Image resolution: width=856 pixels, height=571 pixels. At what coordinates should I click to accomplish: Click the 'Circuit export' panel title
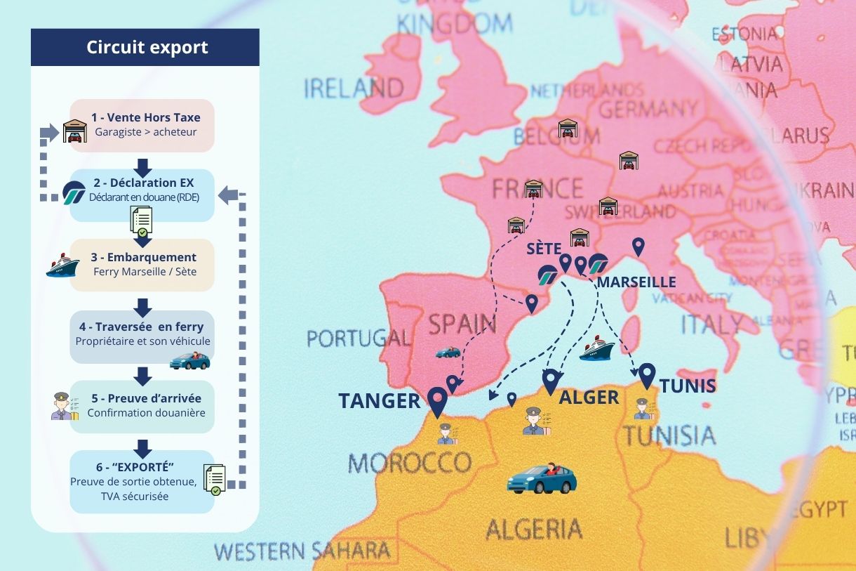coord(147,48)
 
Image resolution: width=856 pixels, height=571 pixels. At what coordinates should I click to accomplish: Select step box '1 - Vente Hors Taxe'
coord(142,125)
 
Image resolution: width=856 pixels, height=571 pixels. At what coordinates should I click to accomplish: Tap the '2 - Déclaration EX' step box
coord(142,190)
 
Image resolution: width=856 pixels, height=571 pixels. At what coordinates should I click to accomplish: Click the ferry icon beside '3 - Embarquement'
coord(62,266)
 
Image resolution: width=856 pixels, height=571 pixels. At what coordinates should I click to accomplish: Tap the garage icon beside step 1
coord(74,131)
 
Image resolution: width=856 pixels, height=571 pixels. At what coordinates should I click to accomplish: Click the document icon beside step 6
coord(214,480)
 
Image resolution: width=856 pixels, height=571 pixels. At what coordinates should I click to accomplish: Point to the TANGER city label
coord(379,401)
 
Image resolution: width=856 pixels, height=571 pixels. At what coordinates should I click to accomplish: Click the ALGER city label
coord(589,398)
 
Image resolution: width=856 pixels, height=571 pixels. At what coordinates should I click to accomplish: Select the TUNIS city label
coord(687,386)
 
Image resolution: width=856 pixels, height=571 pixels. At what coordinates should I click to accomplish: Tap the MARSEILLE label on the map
coord(636,282)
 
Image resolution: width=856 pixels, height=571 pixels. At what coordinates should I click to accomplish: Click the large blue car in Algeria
coord(542,478)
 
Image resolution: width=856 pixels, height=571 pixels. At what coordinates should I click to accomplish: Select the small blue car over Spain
coord(448,352)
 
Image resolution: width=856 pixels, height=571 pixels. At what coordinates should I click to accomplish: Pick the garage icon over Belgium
coord(567,129)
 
